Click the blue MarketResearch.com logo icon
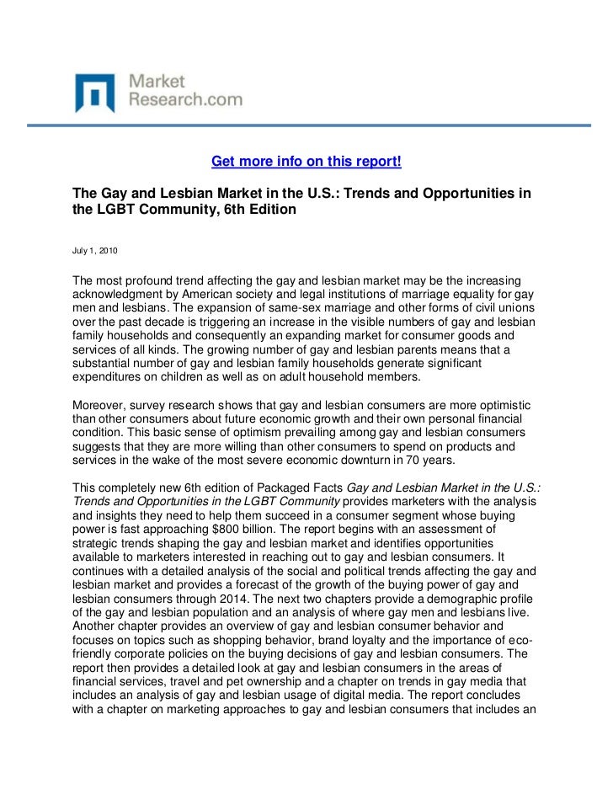[x=93, y=92]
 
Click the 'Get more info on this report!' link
[x=306, y=161]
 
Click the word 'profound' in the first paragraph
[x=152, y=280]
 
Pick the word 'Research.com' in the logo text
[x=184, y=99]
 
